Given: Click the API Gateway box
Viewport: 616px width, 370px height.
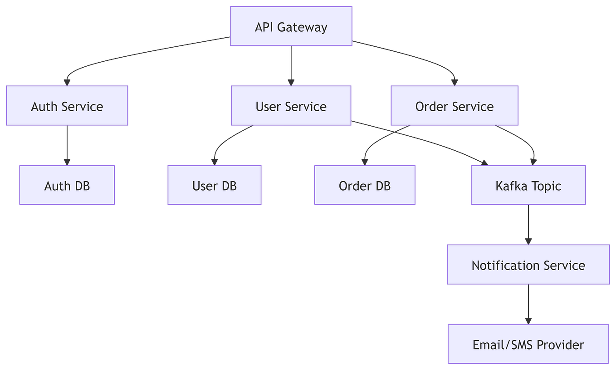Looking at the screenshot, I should [x=291, y=26].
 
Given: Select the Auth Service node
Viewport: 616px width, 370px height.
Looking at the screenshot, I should [x=67, y=106].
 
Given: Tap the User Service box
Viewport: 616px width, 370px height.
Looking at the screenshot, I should [x=291, y=106].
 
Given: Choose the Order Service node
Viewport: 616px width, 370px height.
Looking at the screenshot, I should [x=454, y=106].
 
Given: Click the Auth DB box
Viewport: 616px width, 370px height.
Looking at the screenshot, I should [x=67, y=185].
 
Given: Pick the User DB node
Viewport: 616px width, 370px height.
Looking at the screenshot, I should [x=215, y=185].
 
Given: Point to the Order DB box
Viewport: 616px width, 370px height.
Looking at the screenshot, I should [x=364, y=185].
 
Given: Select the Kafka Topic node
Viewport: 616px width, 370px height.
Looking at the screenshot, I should [x=528, y=185].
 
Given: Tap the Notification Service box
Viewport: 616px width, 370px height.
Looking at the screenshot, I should [x=528, y=265].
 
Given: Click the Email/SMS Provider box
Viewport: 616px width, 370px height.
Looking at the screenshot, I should [x=528, y=344].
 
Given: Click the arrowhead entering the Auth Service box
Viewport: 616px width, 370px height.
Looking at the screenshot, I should [x=67, y=81].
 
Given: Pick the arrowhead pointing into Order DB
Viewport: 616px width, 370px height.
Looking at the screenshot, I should [x=364, y=161].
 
